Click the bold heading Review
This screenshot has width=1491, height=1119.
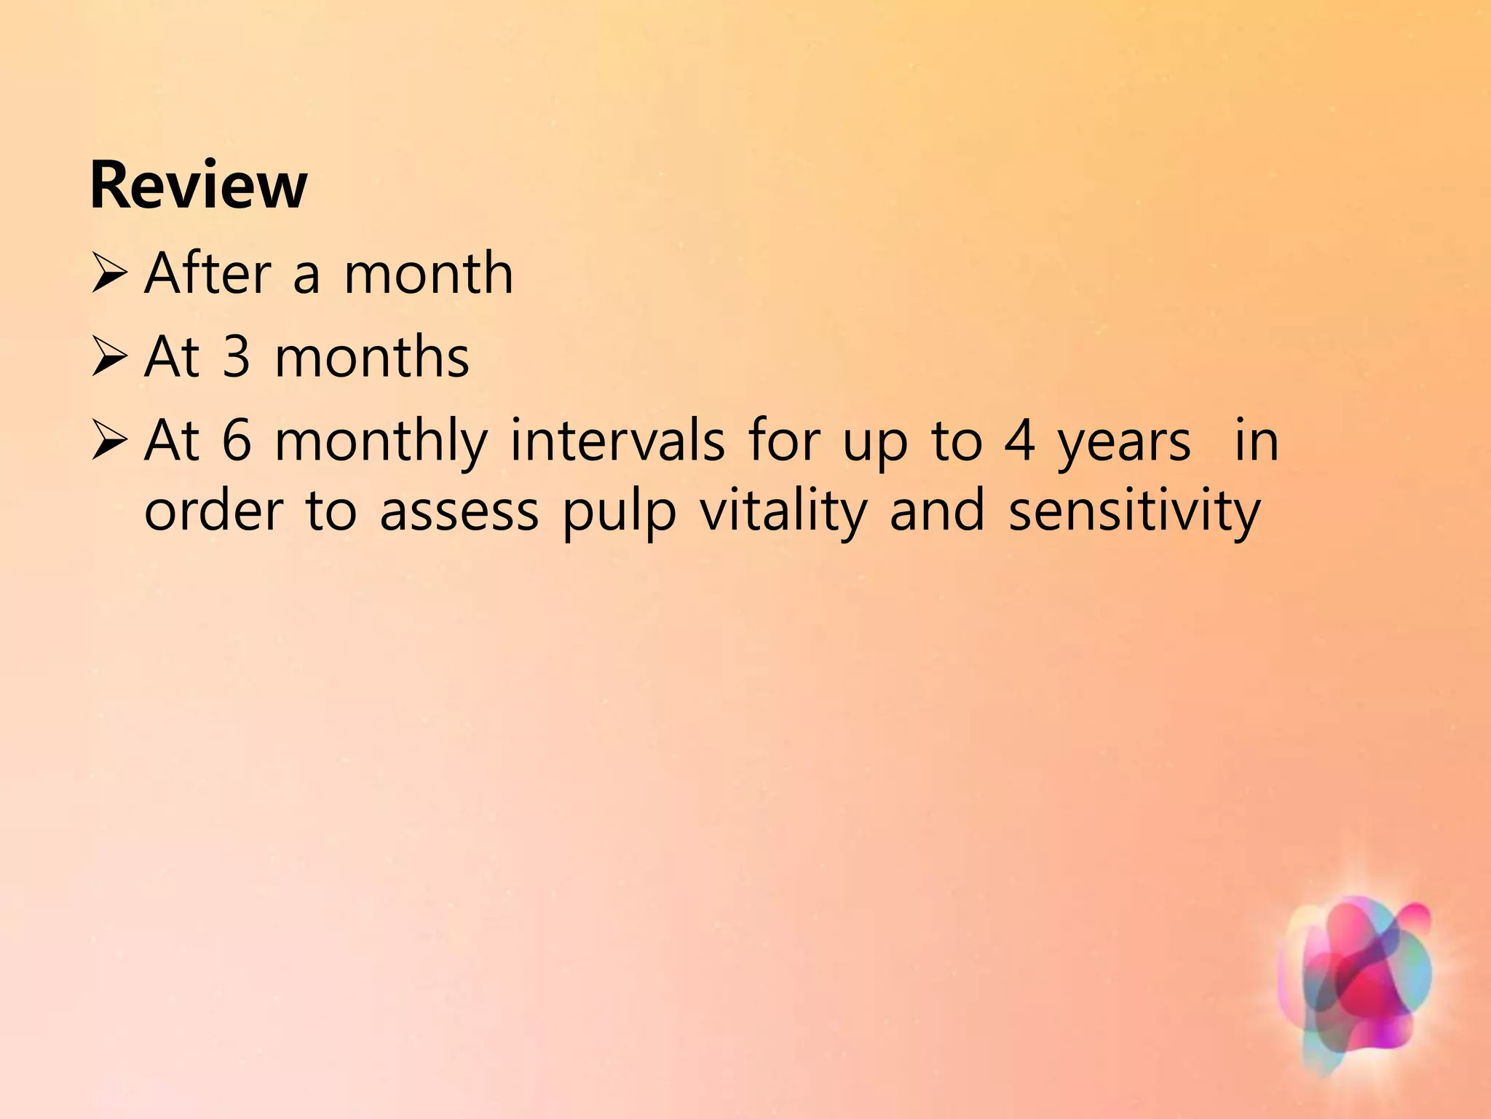[x=198, y=186]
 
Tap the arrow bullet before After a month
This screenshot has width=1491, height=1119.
[x=110, y=275]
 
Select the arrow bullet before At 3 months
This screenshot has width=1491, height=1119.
[x=110, y=358]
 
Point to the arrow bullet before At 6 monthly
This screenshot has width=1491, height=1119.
[x=110, y=442]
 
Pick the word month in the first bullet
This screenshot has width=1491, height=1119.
[x=428, y=273]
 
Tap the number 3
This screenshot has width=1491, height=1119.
[x=237, y=358]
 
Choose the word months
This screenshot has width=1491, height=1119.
[x=372, y=358]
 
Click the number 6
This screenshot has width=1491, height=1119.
[x=237, y=441]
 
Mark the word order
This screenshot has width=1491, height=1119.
[x=213, y=511]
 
